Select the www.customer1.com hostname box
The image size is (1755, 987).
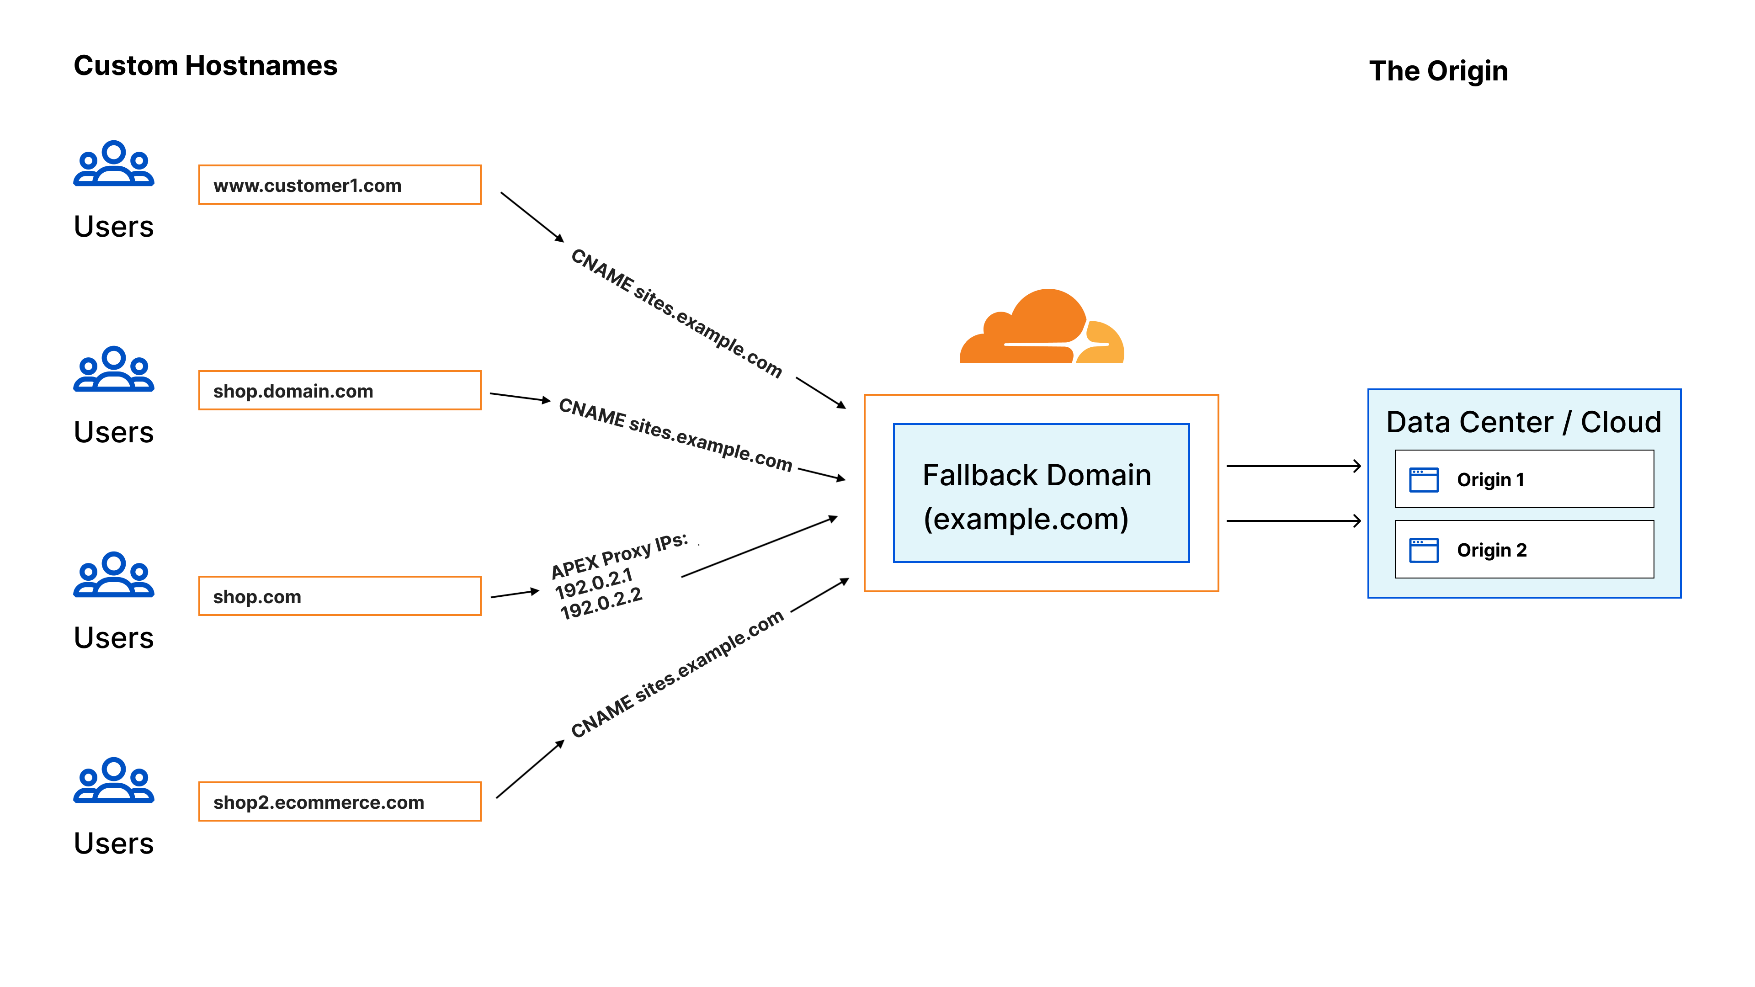(x=339, y=185)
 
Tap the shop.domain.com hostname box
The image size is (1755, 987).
(x=339, y=390)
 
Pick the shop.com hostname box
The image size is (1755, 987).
(x=339, y=596)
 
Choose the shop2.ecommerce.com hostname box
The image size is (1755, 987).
(x=339, y=802)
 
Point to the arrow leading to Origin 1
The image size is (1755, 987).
(x=1292, y=466)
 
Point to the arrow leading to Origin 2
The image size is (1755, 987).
(x=1292, y=521)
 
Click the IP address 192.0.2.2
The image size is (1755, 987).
(x=601, y=604)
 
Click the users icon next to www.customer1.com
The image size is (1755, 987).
(x=114, y=164)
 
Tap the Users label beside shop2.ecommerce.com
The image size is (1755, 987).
(x=114, y=843)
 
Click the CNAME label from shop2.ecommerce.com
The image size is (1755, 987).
(x=676, y=674)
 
